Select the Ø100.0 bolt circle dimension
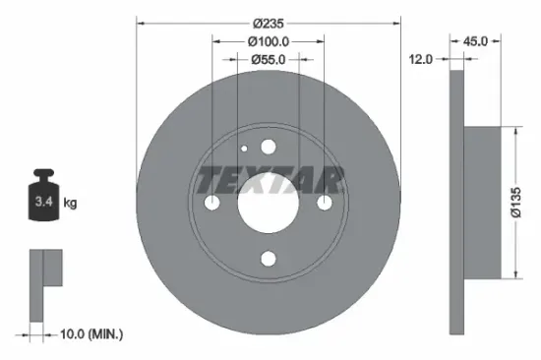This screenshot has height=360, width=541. point(269,41)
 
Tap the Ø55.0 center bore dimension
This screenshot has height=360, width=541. point(269,60)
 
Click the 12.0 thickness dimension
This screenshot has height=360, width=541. point(422,60)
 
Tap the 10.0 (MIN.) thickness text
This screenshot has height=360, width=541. point(90,335)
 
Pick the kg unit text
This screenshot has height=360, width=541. point(70,203)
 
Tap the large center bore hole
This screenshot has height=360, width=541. point(269,203)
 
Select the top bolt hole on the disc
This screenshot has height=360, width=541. point(269,147)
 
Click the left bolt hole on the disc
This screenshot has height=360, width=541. point(212,203)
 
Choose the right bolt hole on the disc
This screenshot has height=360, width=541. point(326,203)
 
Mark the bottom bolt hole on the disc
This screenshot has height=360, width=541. point(269,260)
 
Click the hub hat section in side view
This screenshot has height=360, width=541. point(483,203)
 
